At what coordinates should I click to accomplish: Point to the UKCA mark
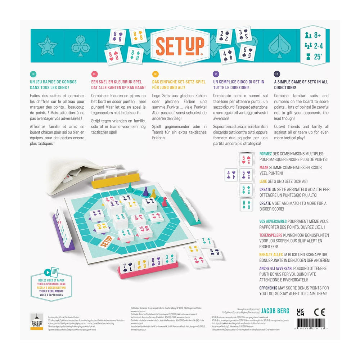coord(300,312)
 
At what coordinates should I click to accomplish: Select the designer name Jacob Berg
coord(275,310)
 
